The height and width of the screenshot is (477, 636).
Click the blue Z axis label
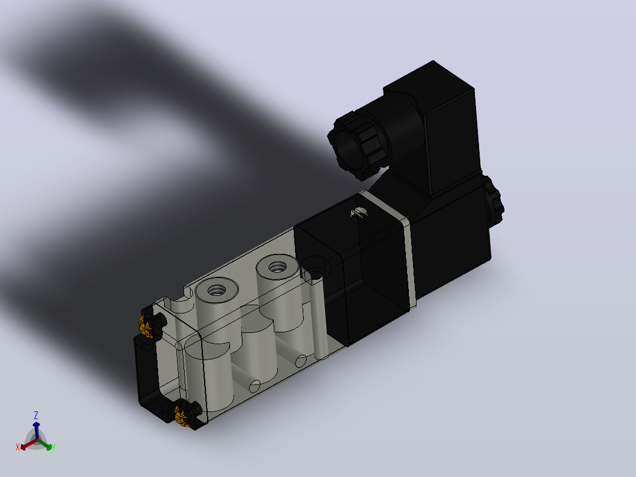coord(36,415)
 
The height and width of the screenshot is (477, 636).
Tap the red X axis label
coord(18,447)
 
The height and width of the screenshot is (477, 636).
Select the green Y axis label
coord(54,447)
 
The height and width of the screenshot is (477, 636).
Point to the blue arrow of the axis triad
coord(36,430)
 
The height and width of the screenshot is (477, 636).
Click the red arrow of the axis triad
coord(28,445)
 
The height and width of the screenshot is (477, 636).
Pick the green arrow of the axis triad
coord(44,444)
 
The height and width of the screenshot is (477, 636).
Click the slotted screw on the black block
coord(359,213)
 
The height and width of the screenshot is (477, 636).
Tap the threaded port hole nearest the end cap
coord(216,290)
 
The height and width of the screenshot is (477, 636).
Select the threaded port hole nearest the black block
coord(277,267)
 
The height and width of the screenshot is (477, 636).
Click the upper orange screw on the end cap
coord(146,326)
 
